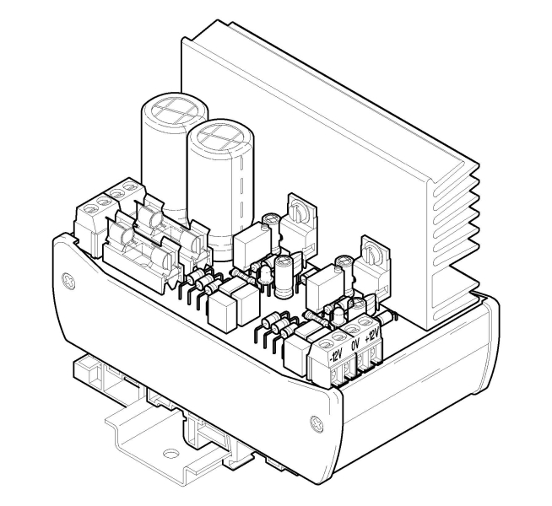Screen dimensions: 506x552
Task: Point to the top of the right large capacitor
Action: click(x=216, y=136)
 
